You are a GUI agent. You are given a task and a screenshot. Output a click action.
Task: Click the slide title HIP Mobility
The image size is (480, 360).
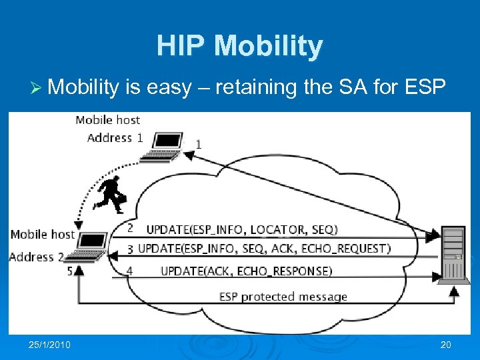[x=239, y=46]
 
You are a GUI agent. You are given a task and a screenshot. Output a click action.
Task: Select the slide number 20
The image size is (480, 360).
[x=445, y=345]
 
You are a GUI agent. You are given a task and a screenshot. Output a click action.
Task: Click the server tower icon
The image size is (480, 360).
[x=453, y=254]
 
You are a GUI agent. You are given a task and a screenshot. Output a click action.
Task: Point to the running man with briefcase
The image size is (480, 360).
[x=110, y=194]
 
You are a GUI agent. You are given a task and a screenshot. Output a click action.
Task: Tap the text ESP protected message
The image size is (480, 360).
[x=283, y=297]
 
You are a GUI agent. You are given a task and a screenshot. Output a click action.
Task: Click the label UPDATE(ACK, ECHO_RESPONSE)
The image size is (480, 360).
[x=246, y=271]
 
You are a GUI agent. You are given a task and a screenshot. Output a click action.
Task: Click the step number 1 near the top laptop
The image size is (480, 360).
[x=198, y=144]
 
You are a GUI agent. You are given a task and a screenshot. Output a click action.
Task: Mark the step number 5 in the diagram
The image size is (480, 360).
[x=70, y=271]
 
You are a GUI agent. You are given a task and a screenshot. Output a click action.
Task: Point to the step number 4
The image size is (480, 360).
[x=130, y=271]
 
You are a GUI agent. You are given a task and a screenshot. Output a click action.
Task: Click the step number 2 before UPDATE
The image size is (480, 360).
[x=130, y=228]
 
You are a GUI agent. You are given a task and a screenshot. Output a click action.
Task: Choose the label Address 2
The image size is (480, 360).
[x=37, y=257]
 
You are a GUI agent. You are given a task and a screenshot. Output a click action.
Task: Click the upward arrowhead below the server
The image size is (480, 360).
[x=454, y=290]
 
